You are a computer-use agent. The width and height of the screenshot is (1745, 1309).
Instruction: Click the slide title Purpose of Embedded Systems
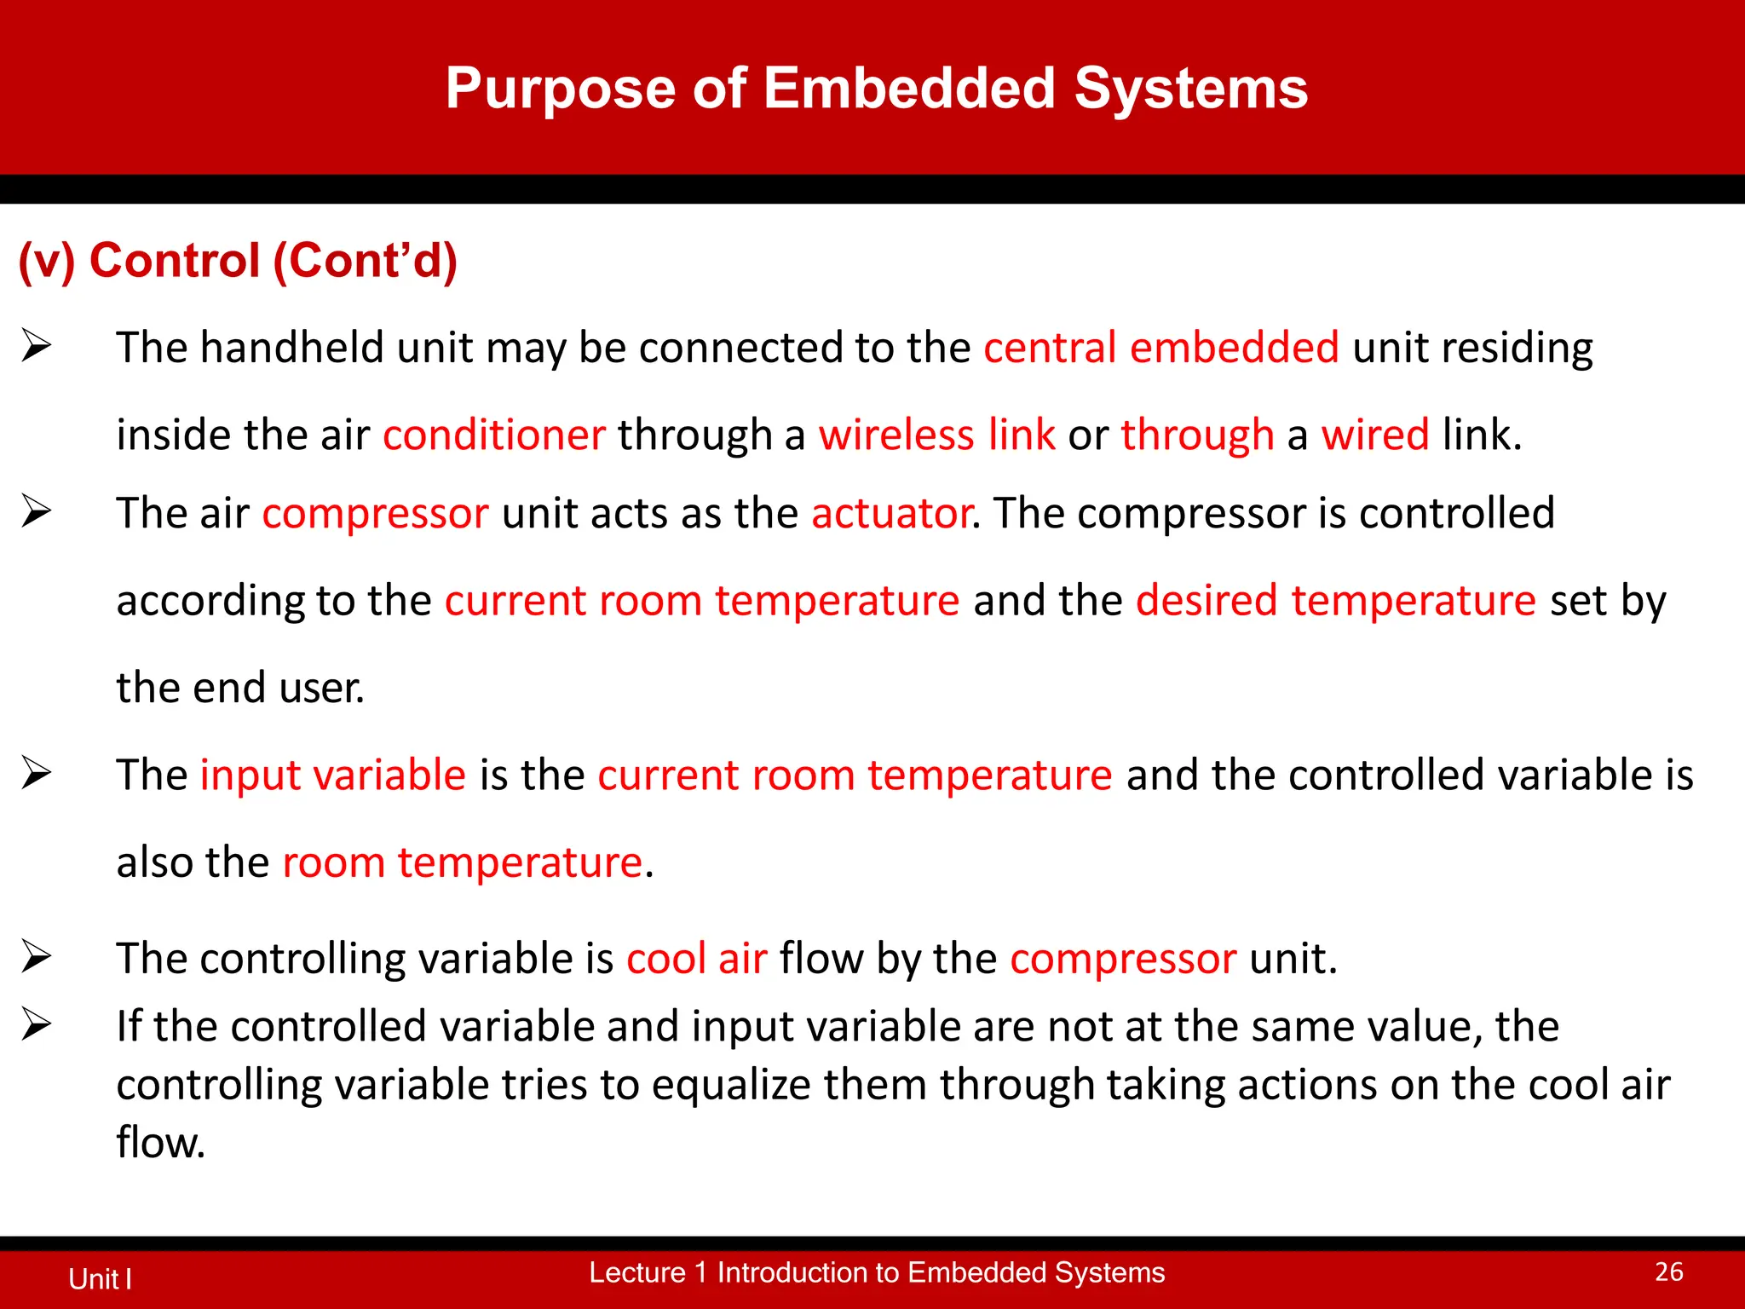[876, 89]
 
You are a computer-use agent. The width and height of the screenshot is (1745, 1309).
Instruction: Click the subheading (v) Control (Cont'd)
[238, 261]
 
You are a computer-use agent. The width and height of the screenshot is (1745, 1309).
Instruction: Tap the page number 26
[1668, 1272]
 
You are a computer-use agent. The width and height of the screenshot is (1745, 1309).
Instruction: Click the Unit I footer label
[100, 1279]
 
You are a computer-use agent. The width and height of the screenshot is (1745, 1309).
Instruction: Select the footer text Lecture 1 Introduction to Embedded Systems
[876, 1272]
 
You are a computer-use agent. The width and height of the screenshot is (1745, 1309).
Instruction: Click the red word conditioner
[493, 435]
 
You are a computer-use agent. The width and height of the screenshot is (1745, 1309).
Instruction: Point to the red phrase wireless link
[936, 435]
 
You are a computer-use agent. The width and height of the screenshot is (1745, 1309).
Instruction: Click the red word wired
[1374, 435]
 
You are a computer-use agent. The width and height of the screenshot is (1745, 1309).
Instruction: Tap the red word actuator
[890, 514]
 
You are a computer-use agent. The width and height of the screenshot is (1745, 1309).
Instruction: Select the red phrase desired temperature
[1335, 601]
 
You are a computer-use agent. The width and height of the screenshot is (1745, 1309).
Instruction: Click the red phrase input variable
[332, 776]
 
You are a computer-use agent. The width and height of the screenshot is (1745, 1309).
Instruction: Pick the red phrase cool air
[696, 959]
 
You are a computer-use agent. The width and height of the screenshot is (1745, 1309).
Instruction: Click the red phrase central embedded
[1160, 349]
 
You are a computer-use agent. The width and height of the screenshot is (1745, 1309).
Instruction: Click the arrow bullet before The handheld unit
[37, 346]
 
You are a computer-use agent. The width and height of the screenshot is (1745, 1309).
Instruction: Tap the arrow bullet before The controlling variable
[37, 956]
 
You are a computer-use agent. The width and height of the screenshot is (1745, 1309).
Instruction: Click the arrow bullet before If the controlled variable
[37, 1024]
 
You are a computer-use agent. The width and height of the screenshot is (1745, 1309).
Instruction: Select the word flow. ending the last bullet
[160, 1144]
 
